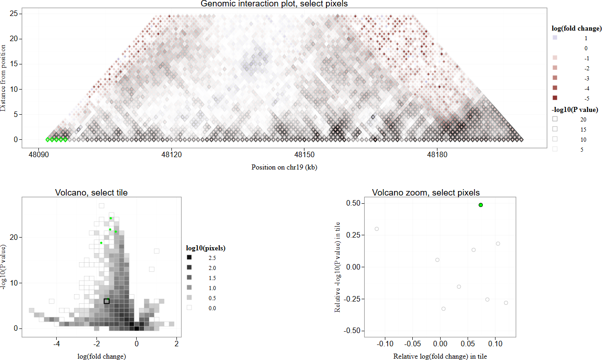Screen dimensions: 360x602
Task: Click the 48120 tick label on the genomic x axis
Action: pos(171,154)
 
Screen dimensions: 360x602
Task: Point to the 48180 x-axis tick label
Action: pos(437,154)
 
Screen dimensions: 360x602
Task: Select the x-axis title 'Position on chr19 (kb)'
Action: pos(284,167)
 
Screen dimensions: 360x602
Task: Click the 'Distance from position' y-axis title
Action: pos(4,78)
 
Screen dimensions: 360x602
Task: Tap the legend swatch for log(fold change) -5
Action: pos(555,98)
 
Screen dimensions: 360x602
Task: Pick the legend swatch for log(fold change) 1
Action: pos(555,38)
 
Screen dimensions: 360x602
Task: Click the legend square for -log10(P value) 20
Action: pos(555,119)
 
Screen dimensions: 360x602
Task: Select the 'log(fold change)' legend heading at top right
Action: pos(576,28)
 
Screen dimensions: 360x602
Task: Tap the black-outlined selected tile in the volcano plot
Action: pos(107,301)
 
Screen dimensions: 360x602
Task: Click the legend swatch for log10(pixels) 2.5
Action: pos(189,258)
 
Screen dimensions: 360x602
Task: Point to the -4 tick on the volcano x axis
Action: pos(57,343)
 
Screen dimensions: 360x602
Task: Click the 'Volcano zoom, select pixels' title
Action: pos(426,193)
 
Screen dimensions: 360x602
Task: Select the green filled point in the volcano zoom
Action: pos(481,205)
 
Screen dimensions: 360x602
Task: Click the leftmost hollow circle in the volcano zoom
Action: pos(377,229)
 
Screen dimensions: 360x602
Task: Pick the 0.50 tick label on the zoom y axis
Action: pos(353,203)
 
